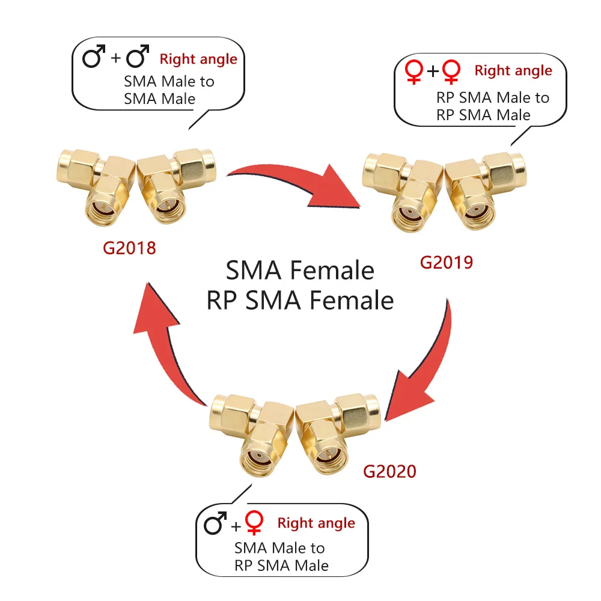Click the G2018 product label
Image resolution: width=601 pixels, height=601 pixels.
pos(129,247)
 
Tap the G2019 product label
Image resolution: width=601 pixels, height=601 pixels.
pos(447,262)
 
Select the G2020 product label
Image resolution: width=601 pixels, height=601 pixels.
pos(389,471)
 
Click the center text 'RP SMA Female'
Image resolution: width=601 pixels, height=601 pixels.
pos(300,300)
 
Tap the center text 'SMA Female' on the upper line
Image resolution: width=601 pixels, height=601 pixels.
pos(300,270)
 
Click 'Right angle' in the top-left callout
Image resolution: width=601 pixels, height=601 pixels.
pos(198,59)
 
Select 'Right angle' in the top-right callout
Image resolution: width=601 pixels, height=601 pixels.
pos(513,70)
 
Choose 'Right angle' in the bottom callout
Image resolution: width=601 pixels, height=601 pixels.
pos(316,523)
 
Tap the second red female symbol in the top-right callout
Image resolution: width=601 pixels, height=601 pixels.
pos(451,73)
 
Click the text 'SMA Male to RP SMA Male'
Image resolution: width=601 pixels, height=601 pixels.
pos(281,557)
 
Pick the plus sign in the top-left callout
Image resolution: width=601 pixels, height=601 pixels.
pos(116,58)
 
